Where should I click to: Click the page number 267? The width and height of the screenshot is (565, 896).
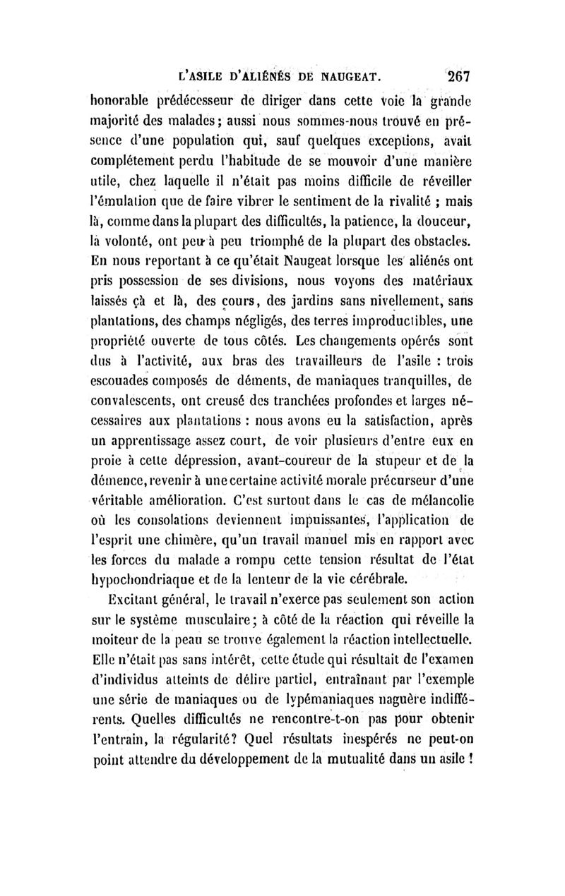coord(458,75)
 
